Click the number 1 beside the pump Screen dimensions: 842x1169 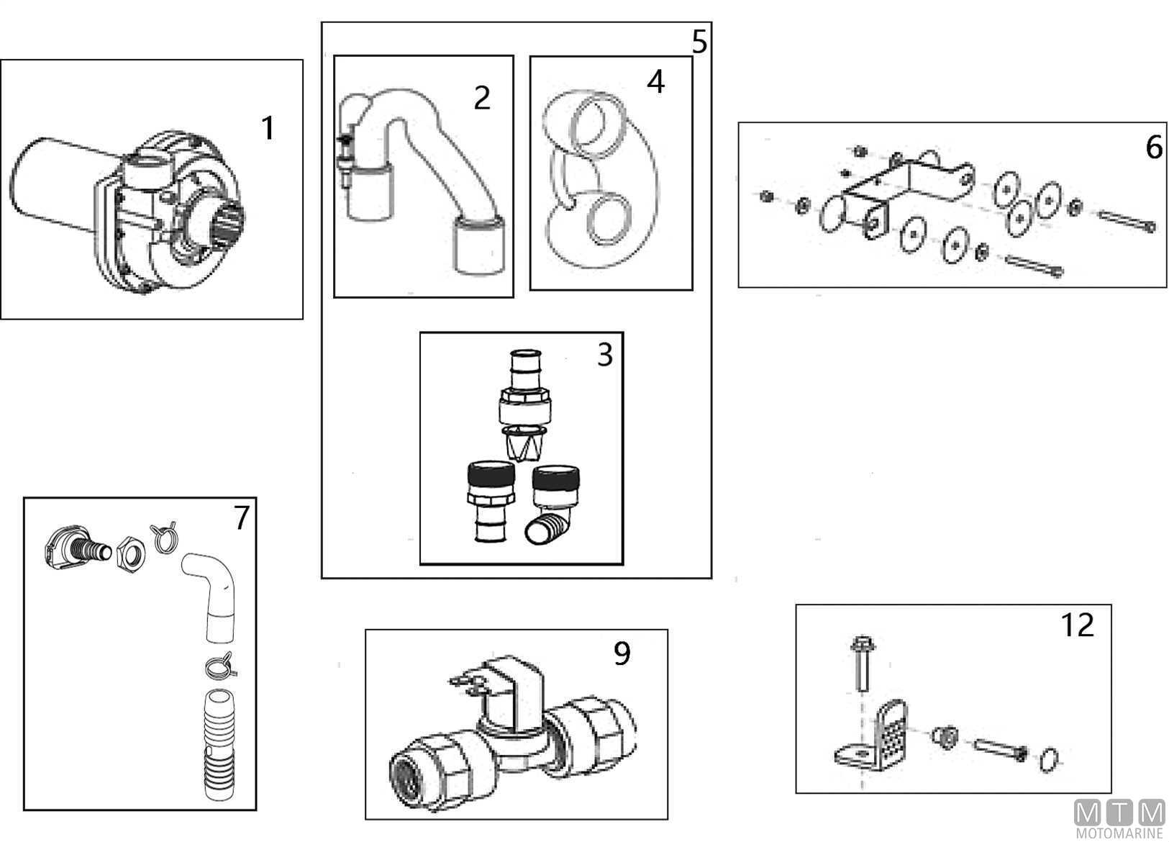click(x=268, y=129)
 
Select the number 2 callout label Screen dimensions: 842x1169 click(x=482, y=98)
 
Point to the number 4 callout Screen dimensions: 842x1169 click(x=655, y=82)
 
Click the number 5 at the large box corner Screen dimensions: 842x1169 click(x=699, y=42)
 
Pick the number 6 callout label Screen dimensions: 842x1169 click(x=1153, y=148)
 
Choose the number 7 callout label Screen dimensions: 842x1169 click(x=241, y=517)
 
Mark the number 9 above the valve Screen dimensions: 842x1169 click(x=622, y=653)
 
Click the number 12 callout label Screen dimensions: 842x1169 click(x=1077, y=625)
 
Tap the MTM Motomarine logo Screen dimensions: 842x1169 click(x=1119, y=819)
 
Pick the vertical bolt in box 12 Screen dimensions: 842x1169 click(x=860, y=663)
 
